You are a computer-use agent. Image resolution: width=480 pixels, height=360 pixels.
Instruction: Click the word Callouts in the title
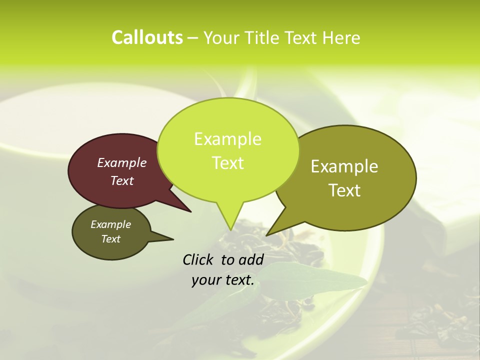[x=147, y=37]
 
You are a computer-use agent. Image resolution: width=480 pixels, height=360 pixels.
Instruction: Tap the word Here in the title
[x=341, y=37]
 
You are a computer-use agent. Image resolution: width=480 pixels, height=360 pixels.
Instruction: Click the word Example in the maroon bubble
[x=121, y=162]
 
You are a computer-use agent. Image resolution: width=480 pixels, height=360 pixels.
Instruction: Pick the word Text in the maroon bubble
[x=121, y=180]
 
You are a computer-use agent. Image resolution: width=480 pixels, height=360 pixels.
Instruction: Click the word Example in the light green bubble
[x=227, y=139]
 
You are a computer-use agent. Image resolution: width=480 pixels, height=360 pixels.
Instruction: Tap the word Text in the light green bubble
[x=227, y=163]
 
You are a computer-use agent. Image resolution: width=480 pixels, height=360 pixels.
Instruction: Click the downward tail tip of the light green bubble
[x=230, y=229]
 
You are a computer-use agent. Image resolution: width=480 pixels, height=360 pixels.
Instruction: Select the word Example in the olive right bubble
[x=344, y=166]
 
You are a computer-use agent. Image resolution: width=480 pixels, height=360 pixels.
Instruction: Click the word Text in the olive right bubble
[x=344, y=190]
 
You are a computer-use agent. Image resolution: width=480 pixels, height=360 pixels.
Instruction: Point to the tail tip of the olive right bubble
[x=267, y=235]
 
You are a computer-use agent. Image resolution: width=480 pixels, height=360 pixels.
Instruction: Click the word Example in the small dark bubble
[x=110, y=224]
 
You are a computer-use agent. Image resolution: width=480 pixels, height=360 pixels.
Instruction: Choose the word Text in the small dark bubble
[x=110, y=239]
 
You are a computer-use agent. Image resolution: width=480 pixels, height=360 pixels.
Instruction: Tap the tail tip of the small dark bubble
[x=173, y=238]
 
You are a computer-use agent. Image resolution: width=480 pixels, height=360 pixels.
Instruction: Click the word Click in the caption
[x=198, y=259]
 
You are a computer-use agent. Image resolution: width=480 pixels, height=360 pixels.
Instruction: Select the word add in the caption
[x=251, y=259]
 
